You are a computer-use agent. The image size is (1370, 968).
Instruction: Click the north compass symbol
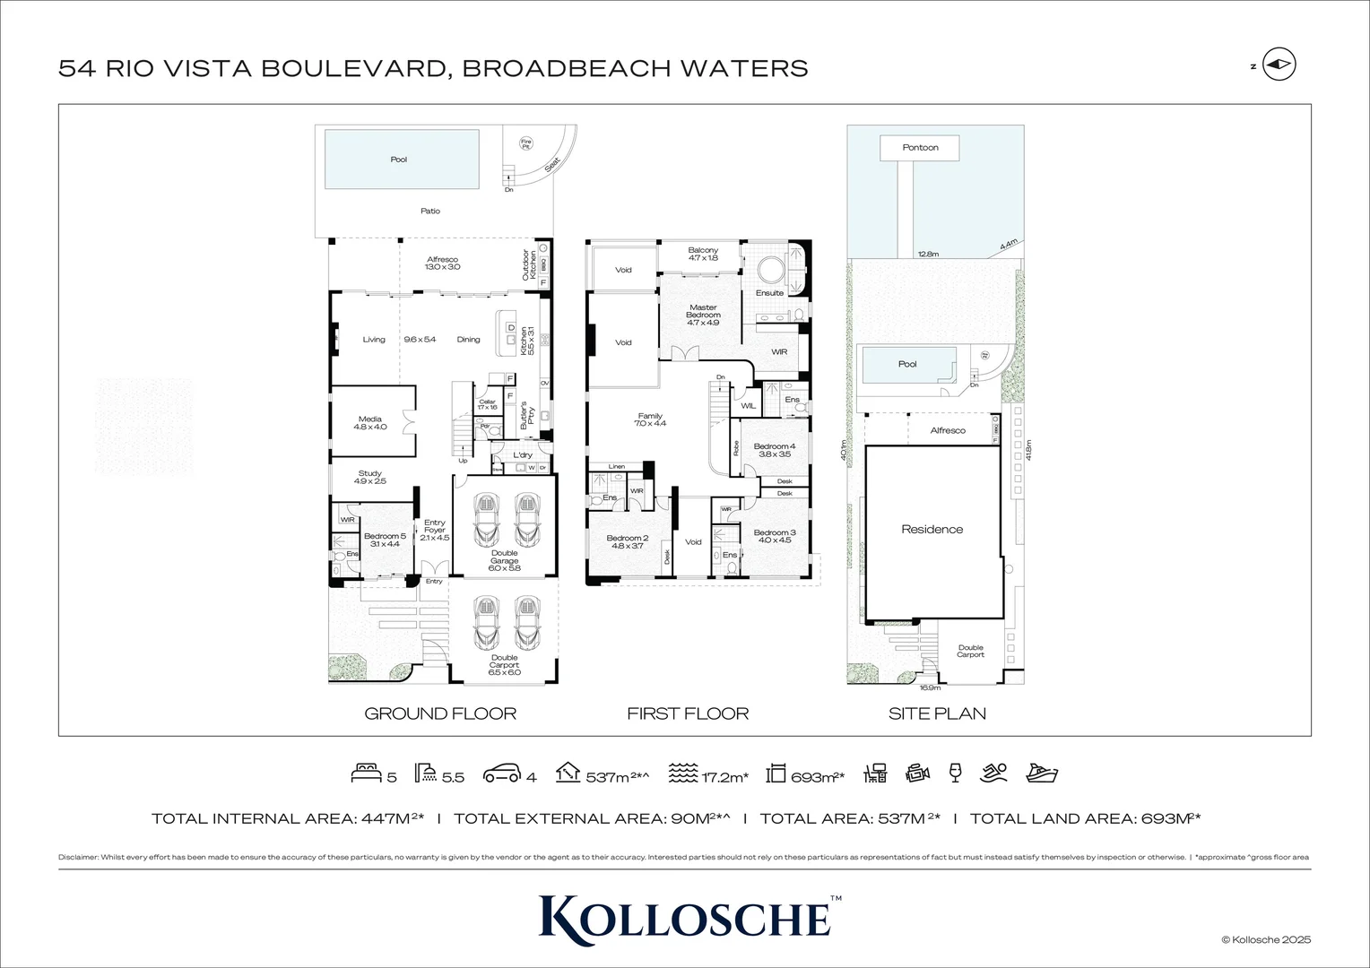point(1279,65)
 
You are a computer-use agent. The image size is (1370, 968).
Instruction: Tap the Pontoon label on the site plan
point(920,148)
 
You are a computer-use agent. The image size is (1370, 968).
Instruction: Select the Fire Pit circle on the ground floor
point(526,143)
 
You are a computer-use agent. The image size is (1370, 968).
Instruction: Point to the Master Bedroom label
point(703,311)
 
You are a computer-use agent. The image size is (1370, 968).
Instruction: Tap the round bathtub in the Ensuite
point(767,269)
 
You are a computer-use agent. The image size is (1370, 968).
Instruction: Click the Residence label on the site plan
point(932,530)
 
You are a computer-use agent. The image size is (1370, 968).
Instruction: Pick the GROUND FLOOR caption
point(440,713)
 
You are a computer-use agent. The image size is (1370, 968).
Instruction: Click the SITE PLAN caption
point(937,713)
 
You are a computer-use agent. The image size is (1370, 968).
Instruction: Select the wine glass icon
point(954,774)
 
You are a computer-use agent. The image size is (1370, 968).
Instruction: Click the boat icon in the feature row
point(1042,774)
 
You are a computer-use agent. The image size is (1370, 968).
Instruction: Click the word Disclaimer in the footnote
point(78,858)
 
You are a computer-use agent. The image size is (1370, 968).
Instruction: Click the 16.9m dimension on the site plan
point(930,688)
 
